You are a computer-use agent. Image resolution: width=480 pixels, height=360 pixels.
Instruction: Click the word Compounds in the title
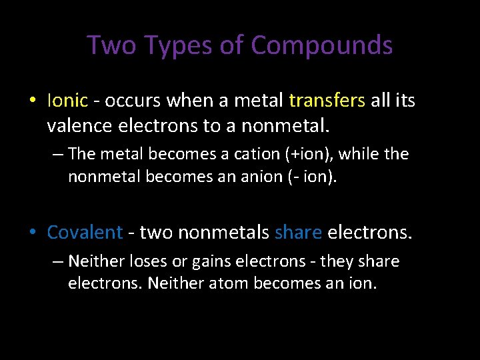click(321, 46)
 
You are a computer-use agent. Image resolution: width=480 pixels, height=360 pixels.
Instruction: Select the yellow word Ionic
click(67, 101)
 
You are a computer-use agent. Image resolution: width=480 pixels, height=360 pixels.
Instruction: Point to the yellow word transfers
click(327, 101)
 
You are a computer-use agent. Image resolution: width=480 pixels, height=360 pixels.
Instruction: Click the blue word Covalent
click(85, 232)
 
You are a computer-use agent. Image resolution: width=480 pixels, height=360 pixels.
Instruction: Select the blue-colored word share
click(298, 232)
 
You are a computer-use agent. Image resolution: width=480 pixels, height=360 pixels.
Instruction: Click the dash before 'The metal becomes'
click(57, 155)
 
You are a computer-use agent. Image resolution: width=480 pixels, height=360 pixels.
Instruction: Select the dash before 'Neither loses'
click(57, 262)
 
